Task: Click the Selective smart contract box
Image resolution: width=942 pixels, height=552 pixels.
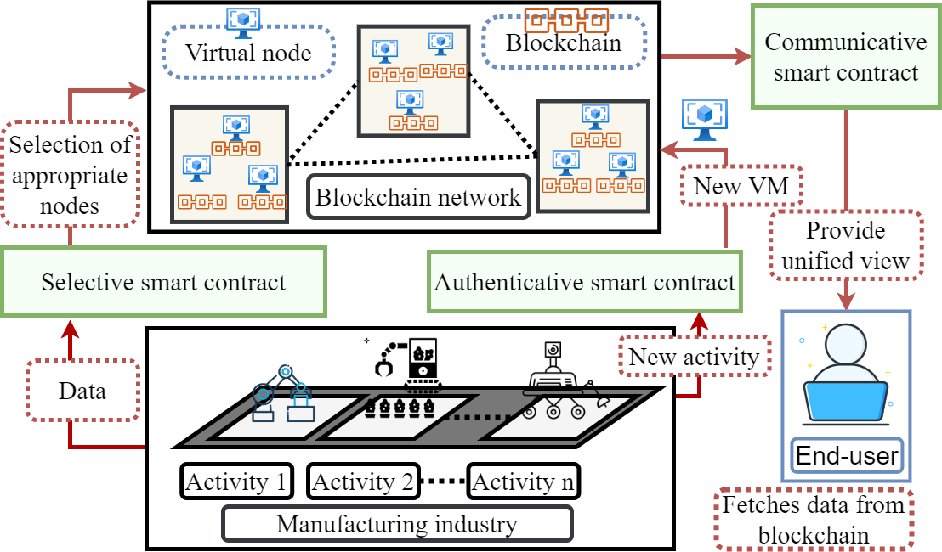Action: point(163,282)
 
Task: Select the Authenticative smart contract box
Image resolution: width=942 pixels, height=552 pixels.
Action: point(584,282)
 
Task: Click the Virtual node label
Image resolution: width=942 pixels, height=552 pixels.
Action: point(248,53)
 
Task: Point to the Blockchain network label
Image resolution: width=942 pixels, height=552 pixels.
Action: point(418,198)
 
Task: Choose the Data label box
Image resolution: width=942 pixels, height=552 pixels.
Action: point(82,391)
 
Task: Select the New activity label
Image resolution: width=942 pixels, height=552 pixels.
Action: point(694,357)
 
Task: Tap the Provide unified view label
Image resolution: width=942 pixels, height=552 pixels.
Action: point(846,245)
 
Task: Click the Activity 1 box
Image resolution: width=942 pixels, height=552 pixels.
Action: point(235,482)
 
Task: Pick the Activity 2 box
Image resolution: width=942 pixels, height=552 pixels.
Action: point(363,482)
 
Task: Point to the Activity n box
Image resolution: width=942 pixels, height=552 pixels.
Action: point(523,482)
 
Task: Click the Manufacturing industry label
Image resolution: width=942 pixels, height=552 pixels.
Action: point(397,524)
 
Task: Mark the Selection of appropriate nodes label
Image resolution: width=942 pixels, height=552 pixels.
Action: point(70,175)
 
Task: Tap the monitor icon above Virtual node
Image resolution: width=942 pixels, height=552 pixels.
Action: point(244,22)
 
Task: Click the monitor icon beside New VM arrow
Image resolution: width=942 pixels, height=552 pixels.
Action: point(704,118)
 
